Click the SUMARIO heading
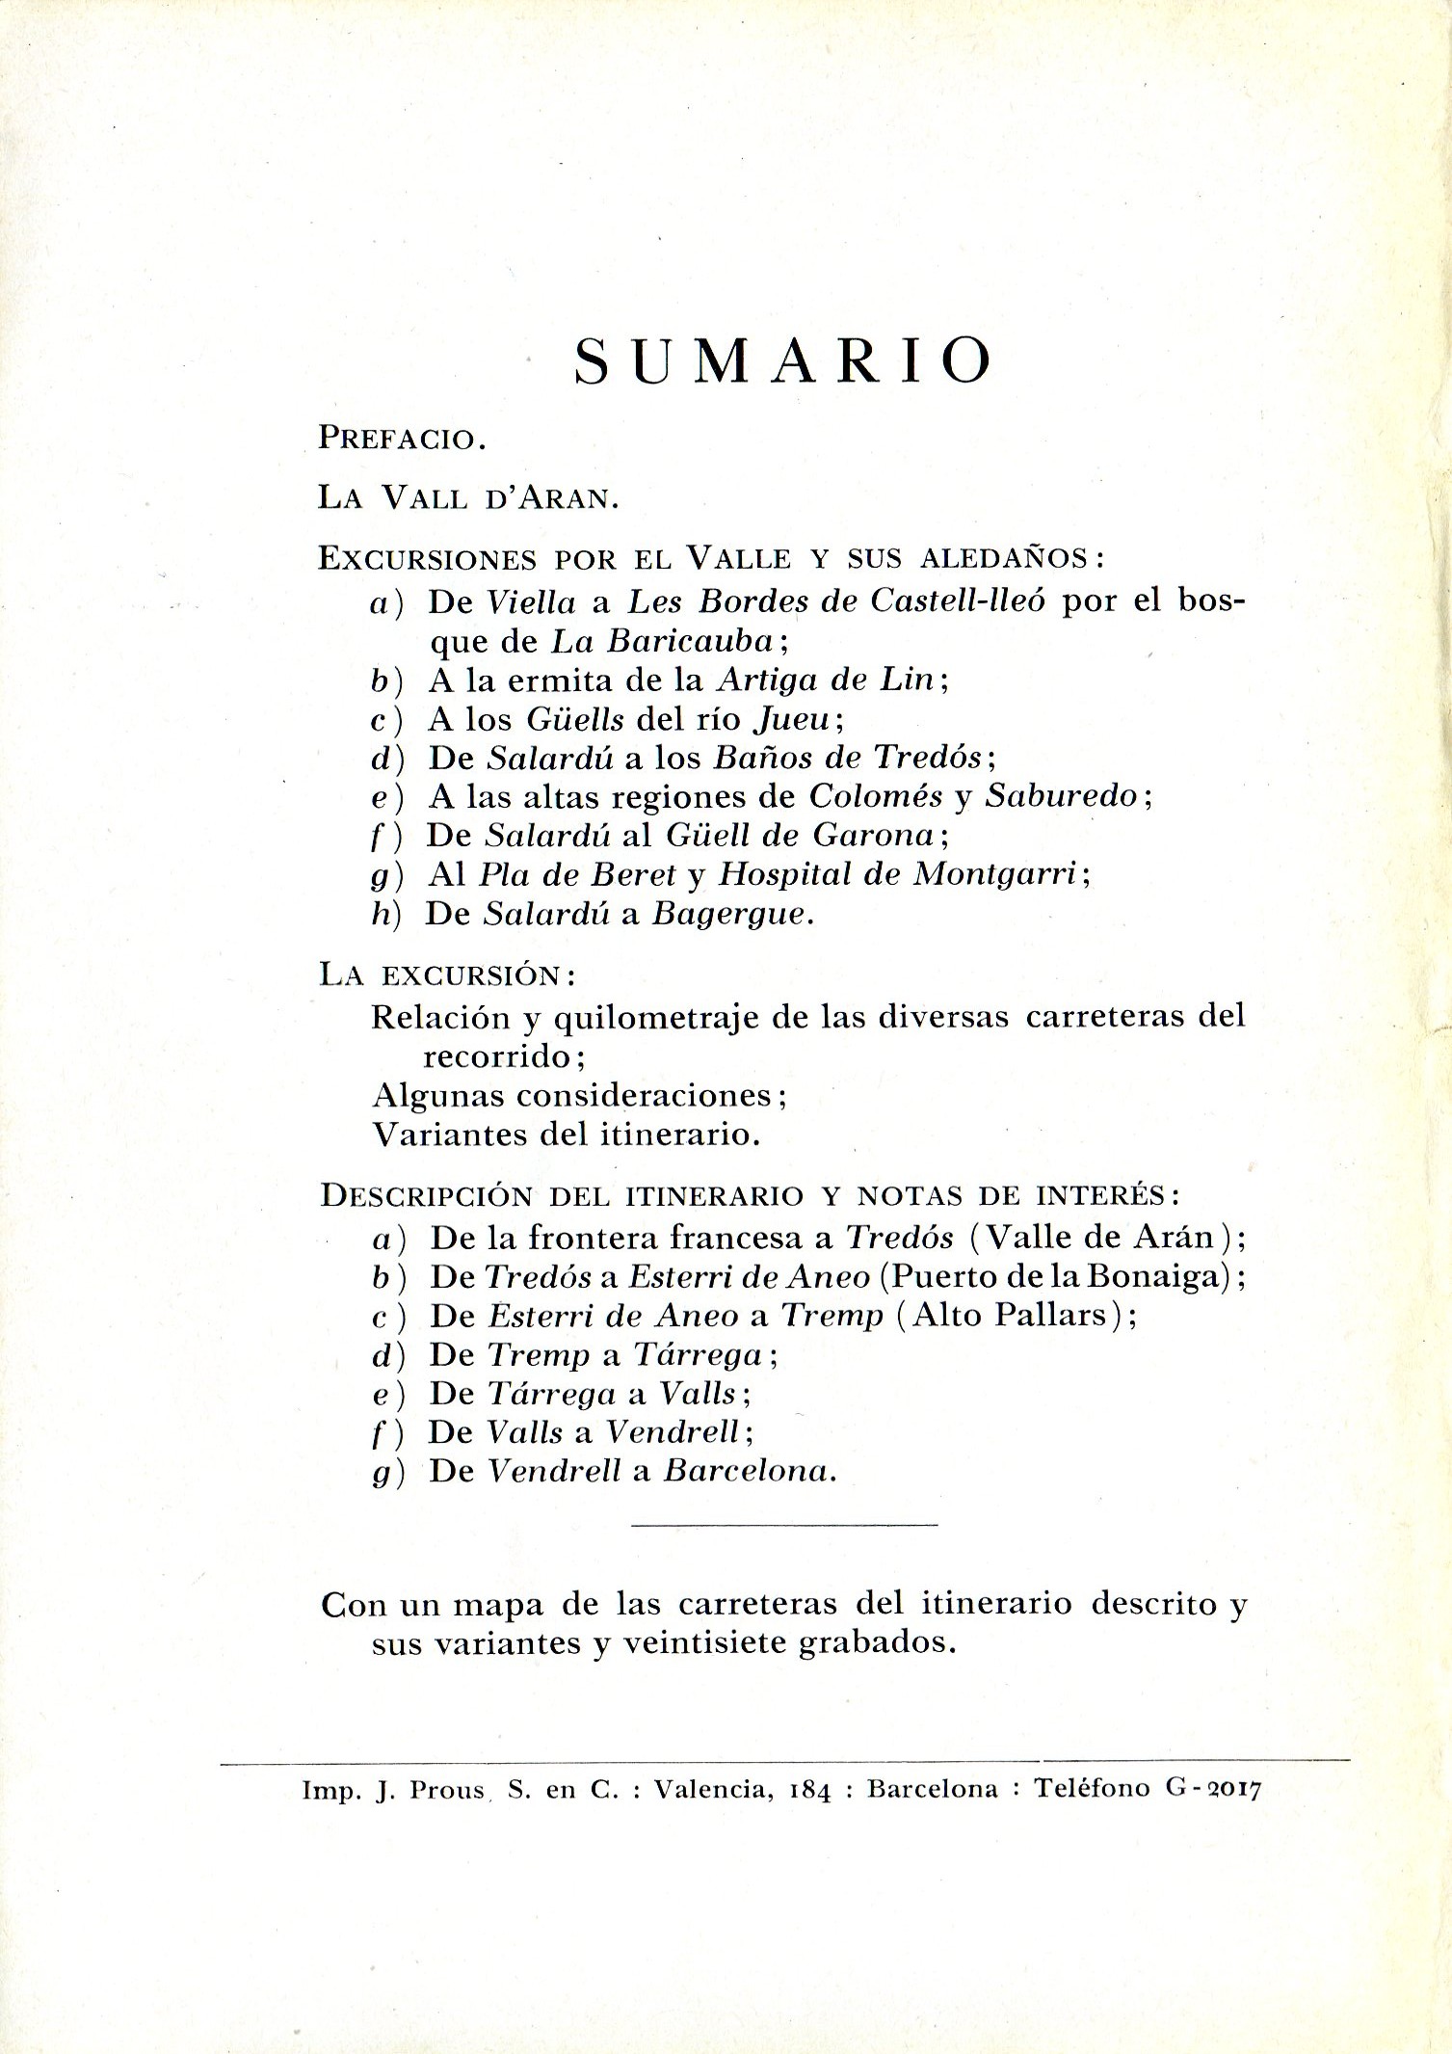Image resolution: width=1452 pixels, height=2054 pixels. pos(782,361)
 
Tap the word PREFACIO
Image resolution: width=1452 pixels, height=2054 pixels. pos(400,440)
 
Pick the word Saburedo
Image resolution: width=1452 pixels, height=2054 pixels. pos(1063,796)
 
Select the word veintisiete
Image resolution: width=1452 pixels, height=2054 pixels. pos(706,1643)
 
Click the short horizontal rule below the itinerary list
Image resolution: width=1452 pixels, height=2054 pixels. pos(784,1525)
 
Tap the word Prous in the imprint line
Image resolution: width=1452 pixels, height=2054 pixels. pos(448,1790)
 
